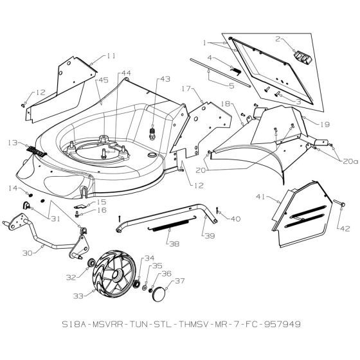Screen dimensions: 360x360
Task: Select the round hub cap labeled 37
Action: click(x=156, y=296)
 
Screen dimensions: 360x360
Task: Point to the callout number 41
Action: click(x=260, y=197)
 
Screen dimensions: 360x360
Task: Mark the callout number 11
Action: click(x=111, y=56)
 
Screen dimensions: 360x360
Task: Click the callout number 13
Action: click(x=12, y=143)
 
